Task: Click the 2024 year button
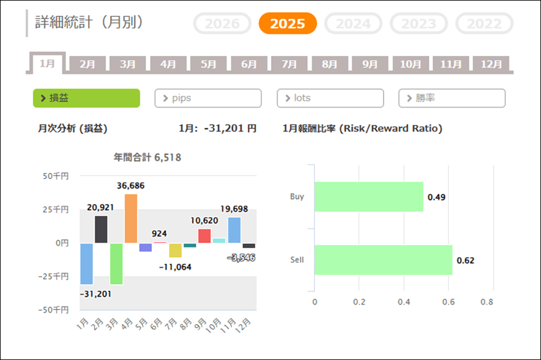tap(353, 23)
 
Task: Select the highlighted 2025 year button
tap(287, 23)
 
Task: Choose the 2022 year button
tap(484, 23)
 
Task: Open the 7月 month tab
tap(289, 64)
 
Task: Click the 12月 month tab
tap(491, 64)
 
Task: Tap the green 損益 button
tap(87, 98)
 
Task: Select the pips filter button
tap(208, 98)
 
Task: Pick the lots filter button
tap(330, 98)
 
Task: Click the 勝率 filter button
tap(452, 98)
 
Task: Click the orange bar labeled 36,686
tap(131, 218)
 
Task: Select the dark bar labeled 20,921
tap(101, 229)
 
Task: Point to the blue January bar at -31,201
tap(87, 263)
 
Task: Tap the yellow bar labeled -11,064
tap(175, 250)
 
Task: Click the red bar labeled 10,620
tap(204, 236)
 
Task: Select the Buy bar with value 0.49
tap(368, 197)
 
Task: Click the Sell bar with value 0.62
tap(383, 260)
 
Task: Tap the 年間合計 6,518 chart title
tap(147, 157)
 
